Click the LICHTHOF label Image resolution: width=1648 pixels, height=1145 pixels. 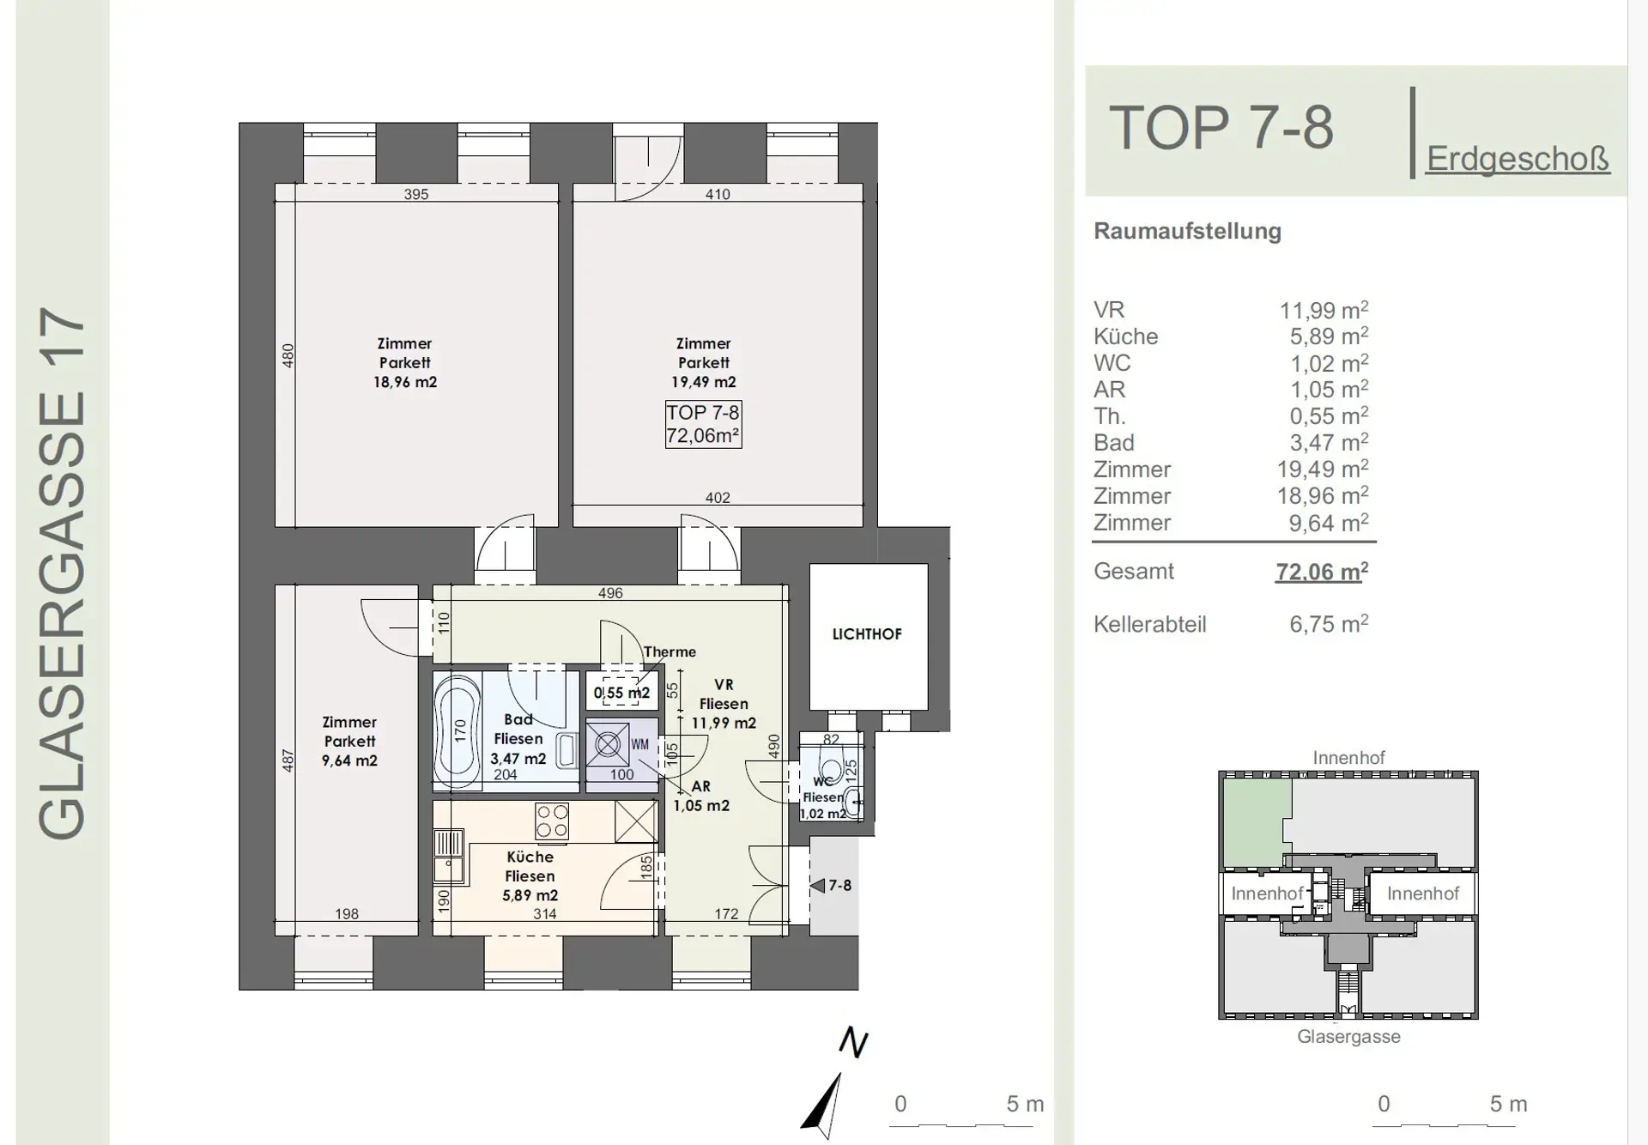[867, 634]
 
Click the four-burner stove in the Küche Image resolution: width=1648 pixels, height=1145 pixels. [551, 820]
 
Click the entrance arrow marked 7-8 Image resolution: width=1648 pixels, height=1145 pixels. [817, 885]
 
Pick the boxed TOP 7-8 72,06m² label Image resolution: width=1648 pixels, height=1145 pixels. [703, 424]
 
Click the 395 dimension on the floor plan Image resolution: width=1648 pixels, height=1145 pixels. [416, 194]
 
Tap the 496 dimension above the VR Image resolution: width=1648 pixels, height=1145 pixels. [610, 593]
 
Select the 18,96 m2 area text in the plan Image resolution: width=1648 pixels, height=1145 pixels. [405, 382]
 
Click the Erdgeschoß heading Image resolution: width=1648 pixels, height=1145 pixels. [1518, 159]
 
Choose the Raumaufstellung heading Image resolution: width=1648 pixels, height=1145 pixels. [1187, 231]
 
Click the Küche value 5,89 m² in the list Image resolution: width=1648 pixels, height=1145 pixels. [1324, 336]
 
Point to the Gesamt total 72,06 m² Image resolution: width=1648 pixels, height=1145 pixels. [1322, 571]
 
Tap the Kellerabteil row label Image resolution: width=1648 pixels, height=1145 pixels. [1150, 624]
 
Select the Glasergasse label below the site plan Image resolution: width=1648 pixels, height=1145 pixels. [1348, 1036]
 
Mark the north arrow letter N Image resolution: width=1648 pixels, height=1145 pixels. [853, 1042]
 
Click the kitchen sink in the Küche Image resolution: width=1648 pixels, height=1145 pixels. [448, 856]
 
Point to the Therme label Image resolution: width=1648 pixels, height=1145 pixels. [669, 652]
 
